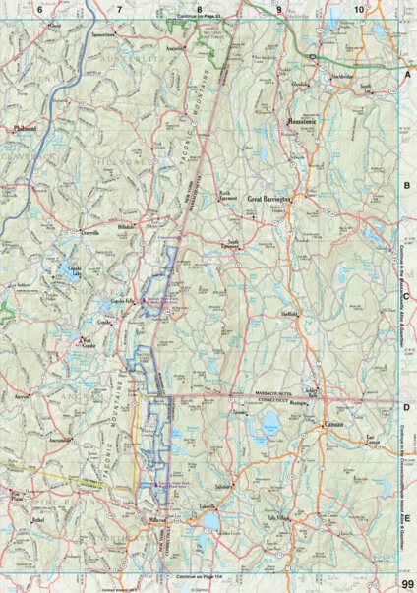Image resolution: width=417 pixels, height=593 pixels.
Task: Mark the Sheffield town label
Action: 289,316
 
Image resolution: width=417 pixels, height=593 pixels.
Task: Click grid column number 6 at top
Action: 40,9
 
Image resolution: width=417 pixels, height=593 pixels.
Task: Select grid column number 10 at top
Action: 360,9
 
